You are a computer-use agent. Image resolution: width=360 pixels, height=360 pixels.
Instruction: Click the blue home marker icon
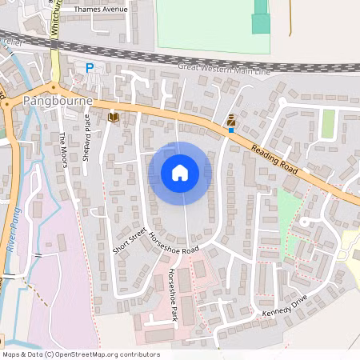pos(180,172)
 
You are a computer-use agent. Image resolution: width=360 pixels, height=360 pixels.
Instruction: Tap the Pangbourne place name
pos(58,102)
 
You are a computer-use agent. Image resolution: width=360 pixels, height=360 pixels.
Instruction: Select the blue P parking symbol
pos(90,69)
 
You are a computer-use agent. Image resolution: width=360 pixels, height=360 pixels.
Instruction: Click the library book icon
pos(114,118)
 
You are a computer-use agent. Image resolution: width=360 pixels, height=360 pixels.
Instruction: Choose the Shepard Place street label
pos(87,138)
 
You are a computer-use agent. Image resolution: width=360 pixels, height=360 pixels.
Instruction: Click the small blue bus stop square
pos(230,129)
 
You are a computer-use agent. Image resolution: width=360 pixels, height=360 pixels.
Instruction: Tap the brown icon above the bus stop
pos(231,119)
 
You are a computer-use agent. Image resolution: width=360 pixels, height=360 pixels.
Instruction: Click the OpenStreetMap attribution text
pos(81,354)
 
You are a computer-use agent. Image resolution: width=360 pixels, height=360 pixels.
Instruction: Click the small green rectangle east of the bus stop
pos(328,123)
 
